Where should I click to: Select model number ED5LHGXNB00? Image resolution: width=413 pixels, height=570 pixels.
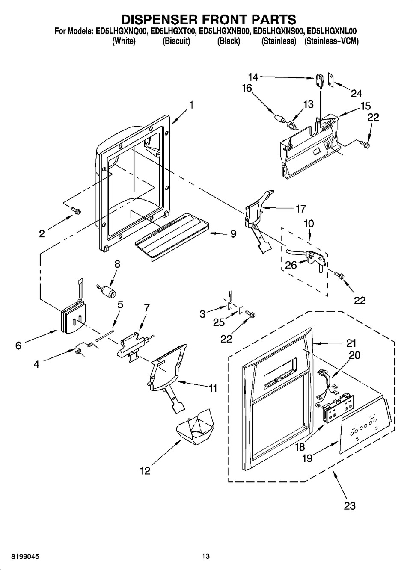(x=225, y=31)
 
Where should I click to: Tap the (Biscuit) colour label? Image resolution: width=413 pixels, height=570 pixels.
(x=176, y=41)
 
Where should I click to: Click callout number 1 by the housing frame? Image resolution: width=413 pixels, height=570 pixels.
(x=191, y=105)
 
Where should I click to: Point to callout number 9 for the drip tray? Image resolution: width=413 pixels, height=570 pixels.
(x=233, y=233)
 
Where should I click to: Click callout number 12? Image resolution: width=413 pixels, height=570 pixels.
(x=145, y=471)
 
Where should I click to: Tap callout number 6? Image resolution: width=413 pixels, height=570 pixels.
(x=18, y=346)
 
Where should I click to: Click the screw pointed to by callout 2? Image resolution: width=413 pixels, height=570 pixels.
(x=76, y=210)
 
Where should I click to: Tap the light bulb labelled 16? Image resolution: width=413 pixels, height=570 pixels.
(x=280, y=118)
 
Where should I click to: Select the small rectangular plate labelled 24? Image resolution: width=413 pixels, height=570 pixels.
(x=331, y=80)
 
